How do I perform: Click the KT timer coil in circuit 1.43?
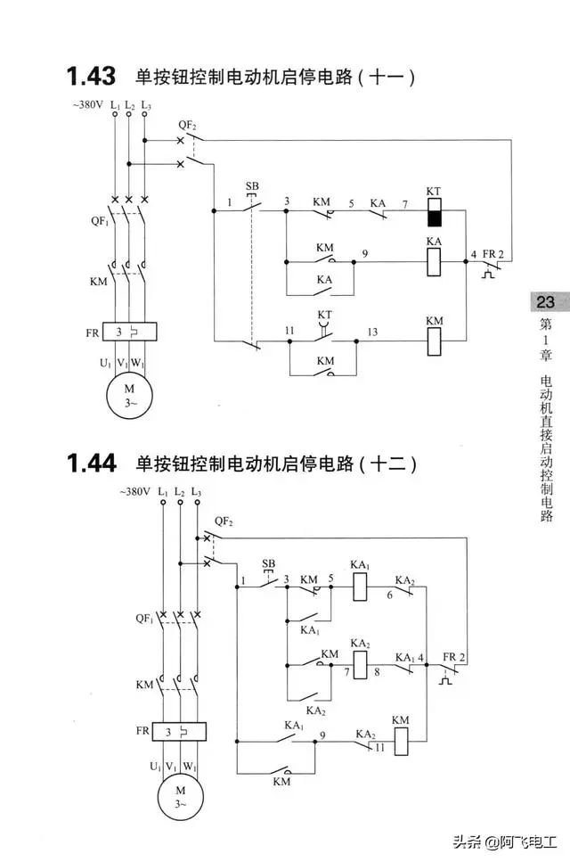pyautogui.click(x=435, y=212)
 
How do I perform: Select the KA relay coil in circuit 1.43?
pyautogui.click(x=434, y=262)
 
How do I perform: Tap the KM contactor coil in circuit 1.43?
pyautogui.click(x=434, y=341)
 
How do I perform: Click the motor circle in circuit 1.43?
pyautogui.click(x=129, y=396)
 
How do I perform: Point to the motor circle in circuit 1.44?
pyautogui.click(x=181, y=797)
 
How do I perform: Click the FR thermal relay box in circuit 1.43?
pyautogui.click(x=130, y=332)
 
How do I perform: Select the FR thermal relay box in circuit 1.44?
pyautogui.click(x=179, y=731)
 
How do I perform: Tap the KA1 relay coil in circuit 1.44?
pyautogui.click(x=360, y=587)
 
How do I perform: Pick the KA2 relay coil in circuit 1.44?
pyautogui.click(x=360, y=665)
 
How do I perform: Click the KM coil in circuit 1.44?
pyautogui.click(x=402, y=741)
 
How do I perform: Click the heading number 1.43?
pyautogui.click(x=91, y=76)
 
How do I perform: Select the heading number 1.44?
pyautogui.click(x=91, y=463)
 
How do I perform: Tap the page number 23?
pyautogui.click(x=545, y=302)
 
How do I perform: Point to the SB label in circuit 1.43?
pyautogui.click(x=252, y=186)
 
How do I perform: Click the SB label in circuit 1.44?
pyautogui.click(x=269, y=563)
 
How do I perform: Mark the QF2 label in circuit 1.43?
pyautogui.click(x=187, y=126)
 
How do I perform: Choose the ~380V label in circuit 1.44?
pyautogui.click(x=134, y=491)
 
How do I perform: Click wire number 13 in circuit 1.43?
pyautogui.click(x=372, y=332)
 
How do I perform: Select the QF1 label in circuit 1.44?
pyautogui.click(x=144, y=619)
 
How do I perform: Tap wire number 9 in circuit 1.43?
pyautogui.click(x=365, y=253)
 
